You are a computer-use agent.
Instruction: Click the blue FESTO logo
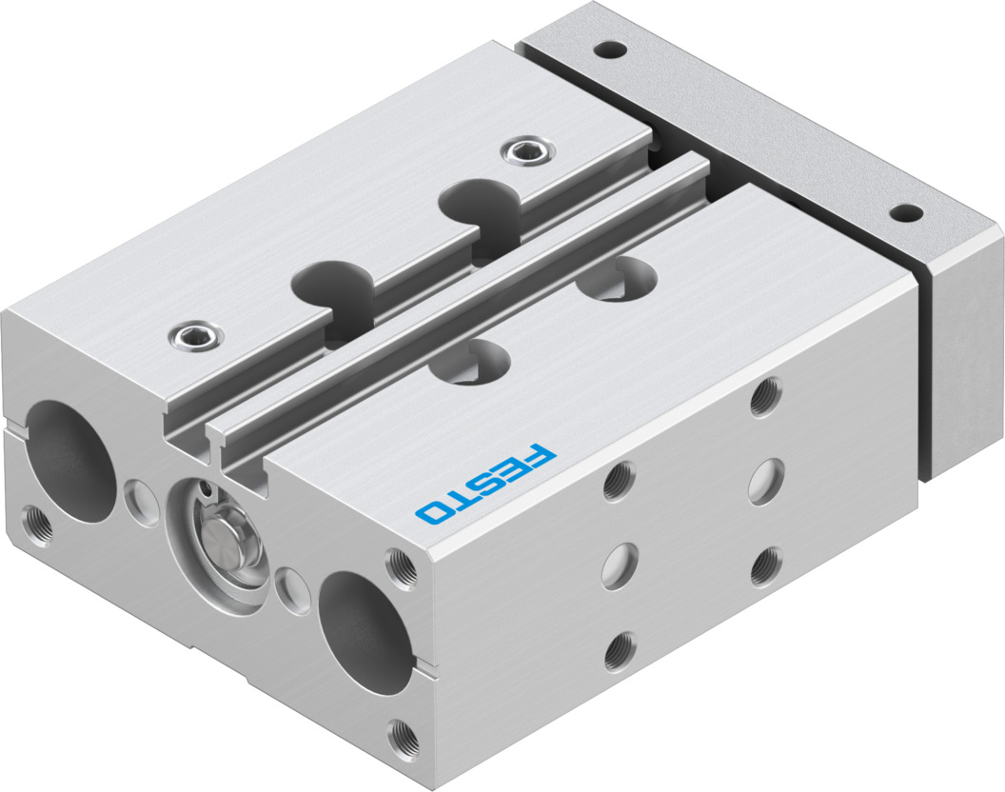click(x=483, y=484)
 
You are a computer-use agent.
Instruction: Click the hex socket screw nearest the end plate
click(x=523, y=149)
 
